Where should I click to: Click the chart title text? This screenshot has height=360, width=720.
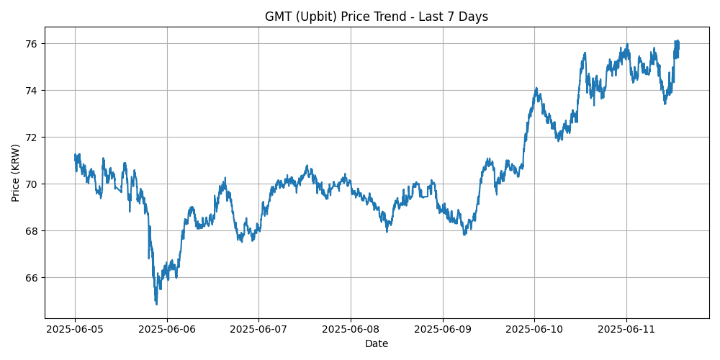click(x=376, y=17)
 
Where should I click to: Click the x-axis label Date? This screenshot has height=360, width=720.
click(x=376, y=343)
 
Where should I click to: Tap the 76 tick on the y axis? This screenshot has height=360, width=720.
click(x=33, y=44)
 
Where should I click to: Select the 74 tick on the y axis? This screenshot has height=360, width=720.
click(x=33, y=91)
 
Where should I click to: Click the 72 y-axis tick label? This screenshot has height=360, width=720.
click(x=33, y=138)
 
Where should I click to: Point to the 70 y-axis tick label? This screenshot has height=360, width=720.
click(x=33, y=184)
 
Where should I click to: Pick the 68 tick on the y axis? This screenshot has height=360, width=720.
click(x=33, y=231)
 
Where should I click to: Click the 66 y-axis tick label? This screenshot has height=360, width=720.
click(x=33, y=278)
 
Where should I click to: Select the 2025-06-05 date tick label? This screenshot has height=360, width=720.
click(x=76, y=329)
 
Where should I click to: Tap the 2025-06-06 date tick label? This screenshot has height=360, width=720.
click(x=167, y=329)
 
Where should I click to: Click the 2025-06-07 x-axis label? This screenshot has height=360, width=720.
click(x=259, y=329)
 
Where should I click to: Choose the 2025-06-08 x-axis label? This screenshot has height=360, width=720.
click(x=351, y=329)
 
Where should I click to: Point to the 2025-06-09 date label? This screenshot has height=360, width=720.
click(x=443, y=329)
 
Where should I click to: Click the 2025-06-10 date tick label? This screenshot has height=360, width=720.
click(x=534, y=329)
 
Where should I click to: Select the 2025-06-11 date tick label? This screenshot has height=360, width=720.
click(x=626, y=329)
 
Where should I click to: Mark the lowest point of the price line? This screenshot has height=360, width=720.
click(x=156, y=305)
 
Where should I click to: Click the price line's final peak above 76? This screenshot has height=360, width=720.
click(x=677, y=41)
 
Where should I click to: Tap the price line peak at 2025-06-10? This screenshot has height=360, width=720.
click(x=536, y=88)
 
